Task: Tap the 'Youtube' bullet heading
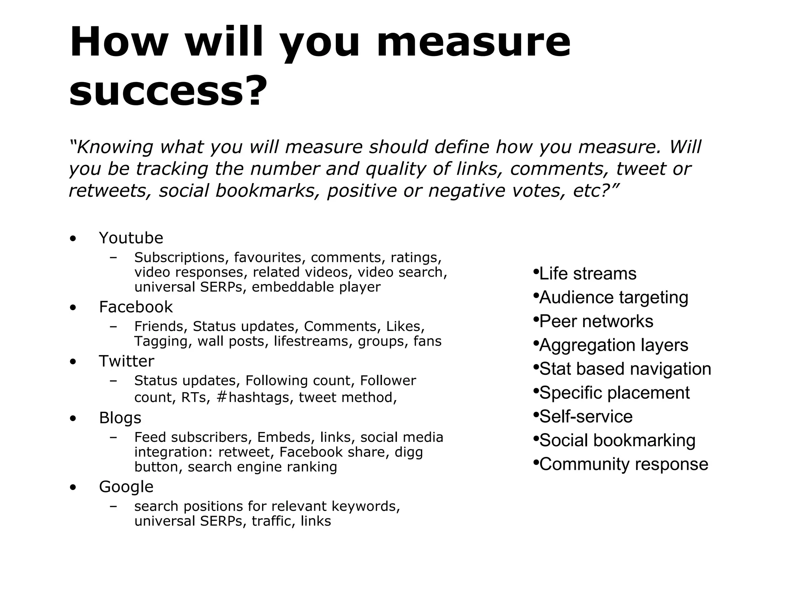[131, 238]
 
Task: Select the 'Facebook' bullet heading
[136, 307]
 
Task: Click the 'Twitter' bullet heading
[126, 361]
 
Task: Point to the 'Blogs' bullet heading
[120, 418]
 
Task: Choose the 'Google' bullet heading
[126, 487]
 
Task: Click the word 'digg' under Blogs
[408, 452]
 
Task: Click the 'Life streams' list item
[587, 274]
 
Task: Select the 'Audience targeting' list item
[613, 297]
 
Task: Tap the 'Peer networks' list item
[596, 321]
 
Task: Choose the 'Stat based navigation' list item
[625, 369]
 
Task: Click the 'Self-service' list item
[585, 417]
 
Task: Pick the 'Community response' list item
[623, 464]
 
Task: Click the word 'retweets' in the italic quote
[110, 191]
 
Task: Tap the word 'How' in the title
[119, 42]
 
